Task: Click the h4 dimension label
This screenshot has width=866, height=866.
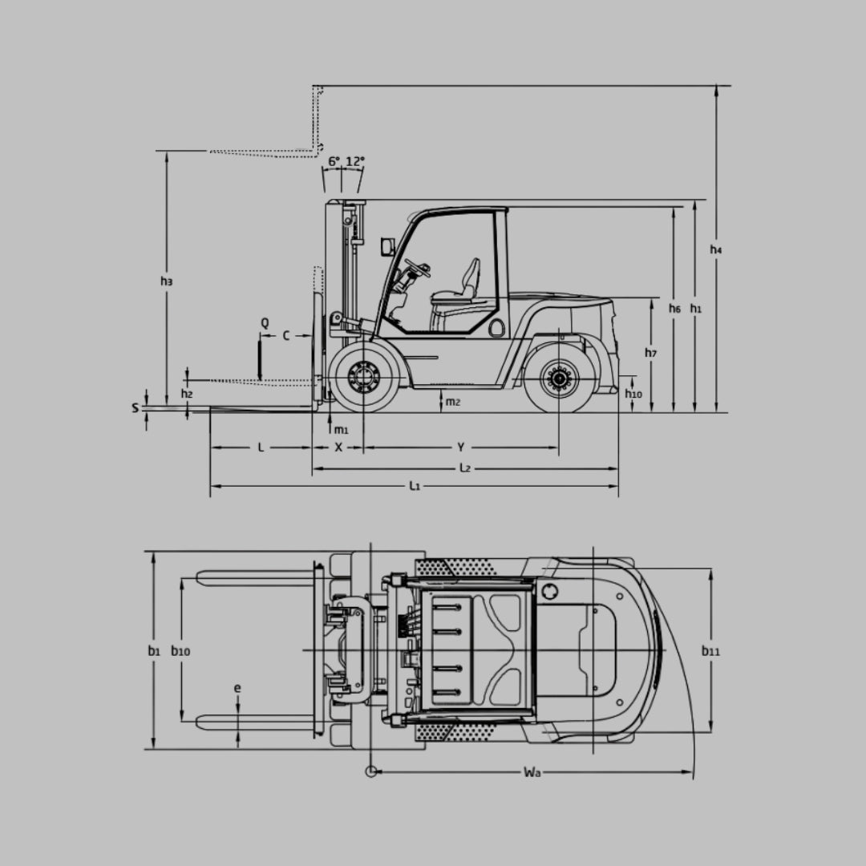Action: coord(716,249)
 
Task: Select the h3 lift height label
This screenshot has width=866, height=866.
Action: coord(166,281)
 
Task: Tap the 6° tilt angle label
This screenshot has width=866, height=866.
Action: coord(334,161)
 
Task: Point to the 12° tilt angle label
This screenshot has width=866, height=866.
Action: coord(355,161)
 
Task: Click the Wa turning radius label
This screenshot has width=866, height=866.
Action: coord(532,772)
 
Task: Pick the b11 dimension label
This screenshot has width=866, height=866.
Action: coord(710,651)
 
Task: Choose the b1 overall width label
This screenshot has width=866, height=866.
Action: coord(153,651)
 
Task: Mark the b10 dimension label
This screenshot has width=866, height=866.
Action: coord(180,651)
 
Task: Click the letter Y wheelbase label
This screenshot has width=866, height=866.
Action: coord(460,447)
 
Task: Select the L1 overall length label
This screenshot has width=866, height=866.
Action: coord(415,486)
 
